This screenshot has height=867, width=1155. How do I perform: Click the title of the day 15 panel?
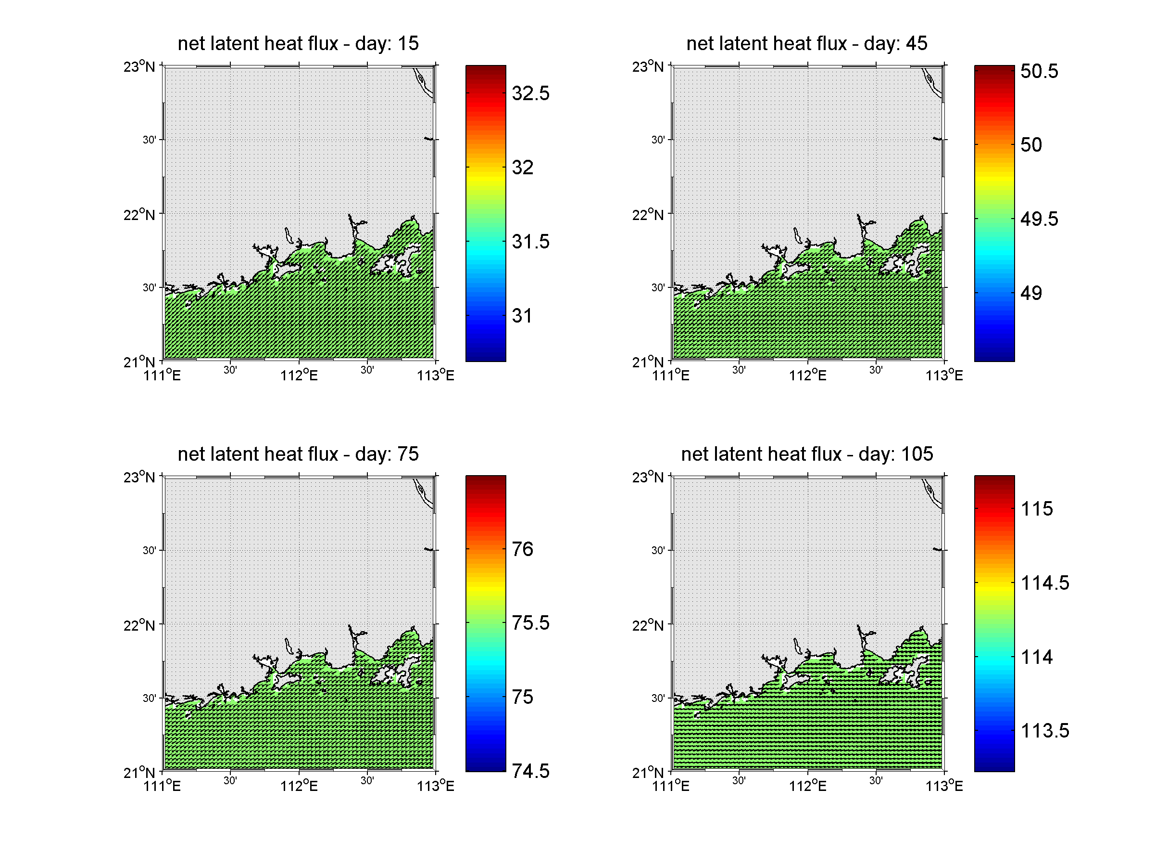298,43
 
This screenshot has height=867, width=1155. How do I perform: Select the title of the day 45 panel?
807,43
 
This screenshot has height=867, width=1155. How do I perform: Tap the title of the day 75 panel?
298,454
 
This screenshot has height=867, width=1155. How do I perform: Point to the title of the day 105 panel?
807,454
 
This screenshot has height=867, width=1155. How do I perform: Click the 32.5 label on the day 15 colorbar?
530,93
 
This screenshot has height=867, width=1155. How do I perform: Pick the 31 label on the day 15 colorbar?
522,316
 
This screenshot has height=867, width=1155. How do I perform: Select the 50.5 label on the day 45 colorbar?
1039,71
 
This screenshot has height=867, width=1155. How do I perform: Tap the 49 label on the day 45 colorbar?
1031,293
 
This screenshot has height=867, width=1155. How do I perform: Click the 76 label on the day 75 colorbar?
522,549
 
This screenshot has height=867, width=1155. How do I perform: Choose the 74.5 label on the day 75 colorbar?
530,771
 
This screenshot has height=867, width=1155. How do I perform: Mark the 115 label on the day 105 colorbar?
1037,509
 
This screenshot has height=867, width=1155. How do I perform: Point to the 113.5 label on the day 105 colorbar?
1044,731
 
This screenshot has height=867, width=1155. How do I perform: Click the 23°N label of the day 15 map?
139,67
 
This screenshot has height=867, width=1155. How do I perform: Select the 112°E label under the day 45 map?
807,375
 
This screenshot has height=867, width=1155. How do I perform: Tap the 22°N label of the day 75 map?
139,625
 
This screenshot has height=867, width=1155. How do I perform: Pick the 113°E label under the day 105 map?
944,786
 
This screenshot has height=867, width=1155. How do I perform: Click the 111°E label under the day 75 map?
162,786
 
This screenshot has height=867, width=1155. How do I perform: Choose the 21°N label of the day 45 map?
648,362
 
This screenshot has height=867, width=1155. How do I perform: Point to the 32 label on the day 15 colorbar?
522,168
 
